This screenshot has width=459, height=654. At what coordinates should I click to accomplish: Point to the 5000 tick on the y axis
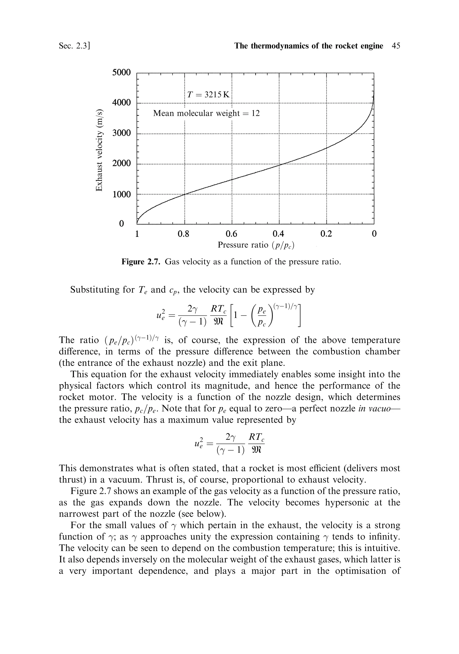pos(121,72)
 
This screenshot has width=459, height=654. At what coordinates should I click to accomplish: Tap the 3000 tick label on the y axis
pos(121,133)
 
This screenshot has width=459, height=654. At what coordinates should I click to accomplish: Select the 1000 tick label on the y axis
pos(121,195)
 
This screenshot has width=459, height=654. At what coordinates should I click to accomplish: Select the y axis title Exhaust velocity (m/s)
pos(99,150)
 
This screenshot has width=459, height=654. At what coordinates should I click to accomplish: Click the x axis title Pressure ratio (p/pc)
pos(255,245)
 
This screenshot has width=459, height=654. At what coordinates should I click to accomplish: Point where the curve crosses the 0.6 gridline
pos(232,179)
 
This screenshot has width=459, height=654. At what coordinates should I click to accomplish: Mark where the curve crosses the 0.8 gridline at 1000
pos(185,194)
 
